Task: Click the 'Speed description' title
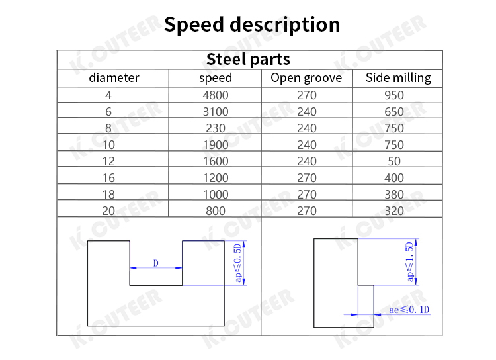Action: [252, 25]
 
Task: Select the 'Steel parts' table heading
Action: [248, 59]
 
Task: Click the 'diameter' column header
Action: [114, 78]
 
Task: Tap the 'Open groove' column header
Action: [306, 78]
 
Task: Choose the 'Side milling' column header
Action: [398, 78]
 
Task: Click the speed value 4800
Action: [216, 95]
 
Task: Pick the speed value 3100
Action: [216, 112]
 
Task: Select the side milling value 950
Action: [394, 95]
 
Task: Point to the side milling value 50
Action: [394, 161]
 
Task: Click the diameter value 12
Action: [108, 161]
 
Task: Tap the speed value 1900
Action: [216, 145]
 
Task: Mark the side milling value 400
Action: [394, 178]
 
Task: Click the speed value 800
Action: [216, 211]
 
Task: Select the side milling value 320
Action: [394, 211]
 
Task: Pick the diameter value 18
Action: [108, 195]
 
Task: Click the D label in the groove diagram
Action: [155, 263]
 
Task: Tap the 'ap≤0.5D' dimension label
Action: [238, 263]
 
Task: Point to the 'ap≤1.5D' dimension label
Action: [409, 262]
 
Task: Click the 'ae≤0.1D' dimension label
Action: [409, 310]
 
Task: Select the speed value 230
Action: [216, 128]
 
